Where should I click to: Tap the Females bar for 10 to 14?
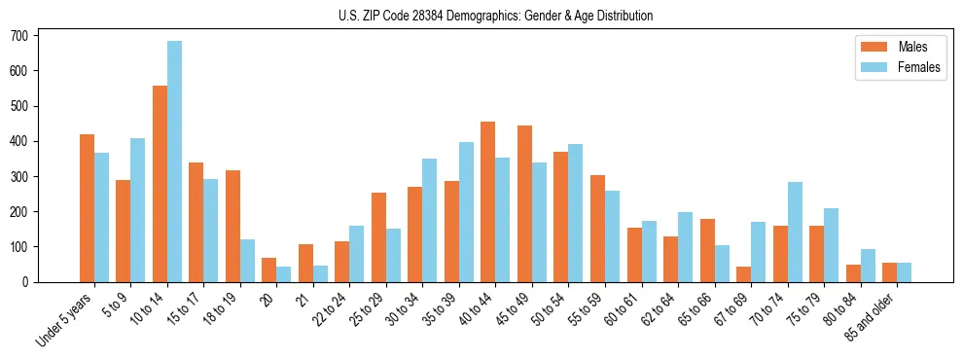coord(174,162)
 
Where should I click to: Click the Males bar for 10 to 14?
coord(160,184)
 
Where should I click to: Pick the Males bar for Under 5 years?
coord(87,208)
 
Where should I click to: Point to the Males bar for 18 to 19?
coord(232,226)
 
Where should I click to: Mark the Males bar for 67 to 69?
coord(743,273)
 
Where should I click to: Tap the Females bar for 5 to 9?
coord(138,210)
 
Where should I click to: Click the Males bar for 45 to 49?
coord(524,203)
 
